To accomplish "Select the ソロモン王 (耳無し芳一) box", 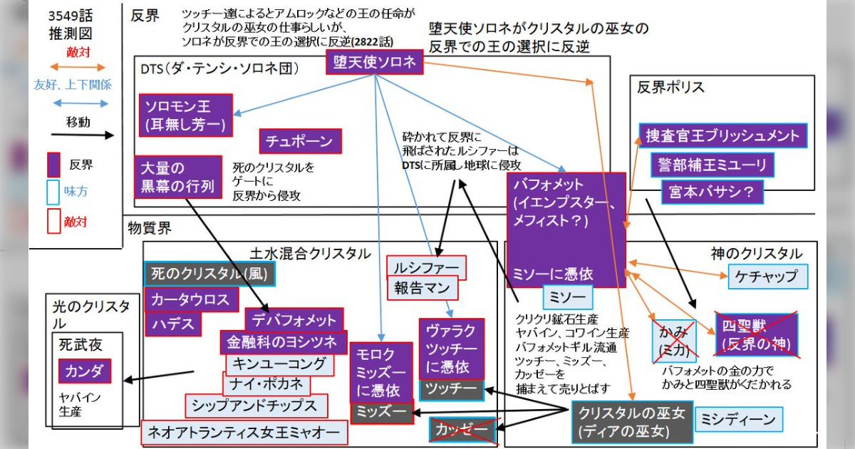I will [x=185, y=115].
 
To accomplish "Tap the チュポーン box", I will [x=300, y=141].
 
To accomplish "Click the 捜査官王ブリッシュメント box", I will [x=722, y=135].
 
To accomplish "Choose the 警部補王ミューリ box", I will [x=711, y=165].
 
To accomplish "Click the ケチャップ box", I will [x=768, y=276].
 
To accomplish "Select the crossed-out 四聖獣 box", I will [x=757, y=334].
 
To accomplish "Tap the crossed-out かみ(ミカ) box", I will [x=674, y=339].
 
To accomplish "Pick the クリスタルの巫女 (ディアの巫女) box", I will [x=632, y=422].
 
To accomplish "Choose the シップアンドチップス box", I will [x=256, y=406].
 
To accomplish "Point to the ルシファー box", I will [x=426, y=268].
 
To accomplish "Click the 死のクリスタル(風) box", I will [x=209, y=273].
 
